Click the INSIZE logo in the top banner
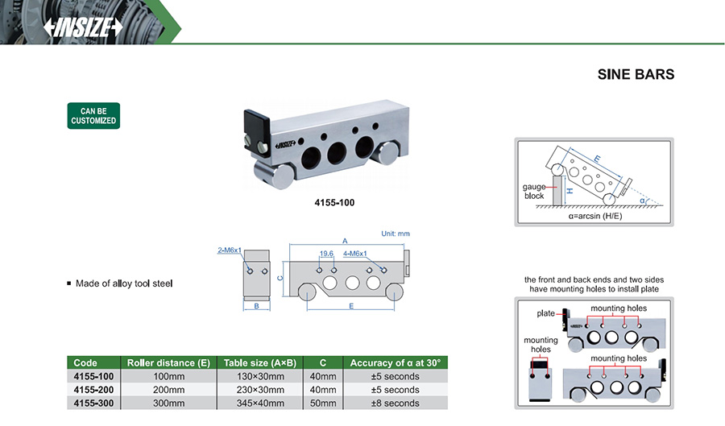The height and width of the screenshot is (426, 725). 83,27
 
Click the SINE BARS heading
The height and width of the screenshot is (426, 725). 635,75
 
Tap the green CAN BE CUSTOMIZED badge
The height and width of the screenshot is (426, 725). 93,116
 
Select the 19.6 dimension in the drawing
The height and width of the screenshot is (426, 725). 326,254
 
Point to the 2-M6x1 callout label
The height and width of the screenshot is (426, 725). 230,250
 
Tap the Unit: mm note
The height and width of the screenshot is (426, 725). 395,234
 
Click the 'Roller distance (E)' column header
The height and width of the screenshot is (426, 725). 168,363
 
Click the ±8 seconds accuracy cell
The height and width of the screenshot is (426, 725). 395,402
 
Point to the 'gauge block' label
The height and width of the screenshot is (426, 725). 533,192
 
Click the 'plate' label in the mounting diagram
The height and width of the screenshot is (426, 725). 545,312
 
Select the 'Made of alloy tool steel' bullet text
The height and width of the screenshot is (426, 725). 124,283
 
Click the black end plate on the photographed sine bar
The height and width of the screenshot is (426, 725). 255,128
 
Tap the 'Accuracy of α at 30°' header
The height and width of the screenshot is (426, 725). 395,363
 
